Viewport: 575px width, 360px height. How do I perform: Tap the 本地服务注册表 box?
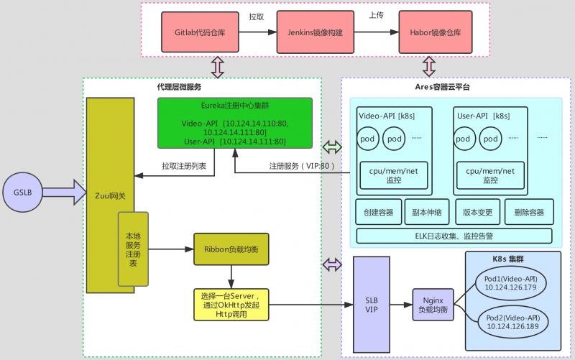coord(133,249)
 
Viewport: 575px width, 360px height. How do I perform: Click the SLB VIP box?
coord(371,304)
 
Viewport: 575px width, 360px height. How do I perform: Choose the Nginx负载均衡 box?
coord(431,304)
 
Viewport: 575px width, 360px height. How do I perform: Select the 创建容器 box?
coord(378,213)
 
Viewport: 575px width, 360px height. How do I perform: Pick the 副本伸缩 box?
coord(428,213)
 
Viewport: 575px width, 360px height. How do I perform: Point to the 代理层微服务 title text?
coord(179,87)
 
